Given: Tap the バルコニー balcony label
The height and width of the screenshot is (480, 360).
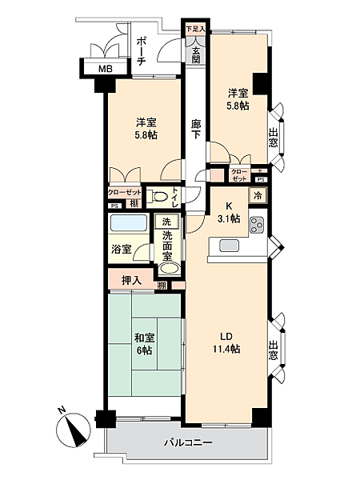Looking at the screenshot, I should [x=189, y=442].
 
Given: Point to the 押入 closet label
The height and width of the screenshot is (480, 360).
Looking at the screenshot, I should [x=131, y=282].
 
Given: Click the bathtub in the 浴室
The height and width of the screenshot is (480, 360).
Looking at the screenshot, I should [x=128, y=226].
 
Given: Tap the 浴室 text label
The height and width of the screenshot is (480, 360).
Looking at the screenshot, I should [x=121, y=249].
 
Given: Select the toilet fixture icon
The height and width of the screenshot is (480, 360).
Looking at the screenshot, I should [x=162, y=197].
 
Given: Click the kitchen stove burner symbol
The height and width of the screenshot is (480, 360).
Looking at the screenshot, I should [x=258, y=224].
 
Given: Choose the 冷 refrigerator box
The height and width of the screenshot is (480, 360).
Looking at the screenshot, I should [x=258, y=195].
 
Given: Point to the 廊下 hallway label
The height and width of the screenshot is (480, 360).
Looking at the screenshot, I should [x=196, y=130].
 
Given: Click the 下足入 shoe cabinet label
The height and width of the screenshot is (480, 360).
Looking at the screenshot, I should [x=195, y=30].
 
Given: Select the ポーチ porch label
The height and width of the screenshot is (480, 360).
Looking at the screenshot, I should [x=140, y=50].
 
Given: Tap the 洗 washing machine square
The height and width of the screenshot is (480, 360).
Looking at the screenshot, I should [x=166, y=221].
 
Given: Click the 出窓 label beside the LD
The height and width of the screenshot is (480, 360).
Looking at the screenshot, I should [x=274, y=350].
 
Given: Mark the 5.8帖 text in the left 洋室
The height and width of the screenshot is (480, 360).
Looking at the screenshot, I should [x=145, y=135].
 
